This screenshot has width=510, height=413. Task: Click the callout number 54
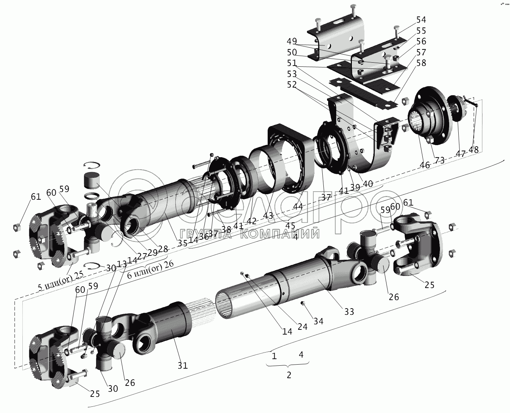pyautogui.click(x=421, y=19)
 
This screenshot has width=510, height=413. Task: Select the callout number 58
pyautogui.click(x=421, y=63)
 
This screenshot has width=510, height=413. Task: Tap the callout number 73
pyautogui.click(x=439, y=160)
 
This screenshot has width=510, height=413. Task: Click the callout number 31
pyautogui.click(x=183, y=365)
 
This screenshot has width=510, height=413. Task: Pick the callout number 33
pyautogui.click(x=349, y=311)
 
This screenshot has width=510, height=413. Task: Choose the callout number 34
pyautogui.click(x=319, y=321)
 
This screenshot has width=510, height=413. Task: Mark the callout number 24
pyautogui.click(x=302, y=326)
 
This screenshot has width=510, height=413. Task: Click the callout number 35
pyautogui.click(x=183, y=243)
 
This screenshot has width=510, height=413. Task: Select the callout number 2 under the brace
pyautogui.click(x=289, y=375)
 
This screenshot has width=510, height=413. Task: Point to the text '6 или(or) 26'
pyautogui.click(x=150, y=266)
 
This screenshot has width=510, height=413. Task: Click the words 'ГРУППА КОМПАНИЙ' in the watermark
pyautogui.click(x=249, y=233)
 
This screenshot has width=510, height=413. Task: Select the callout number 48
pyautogui.click(x=474, y=150)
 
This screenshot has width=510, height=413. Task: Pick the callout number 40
pyautogui.click(x=367, y=183)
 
